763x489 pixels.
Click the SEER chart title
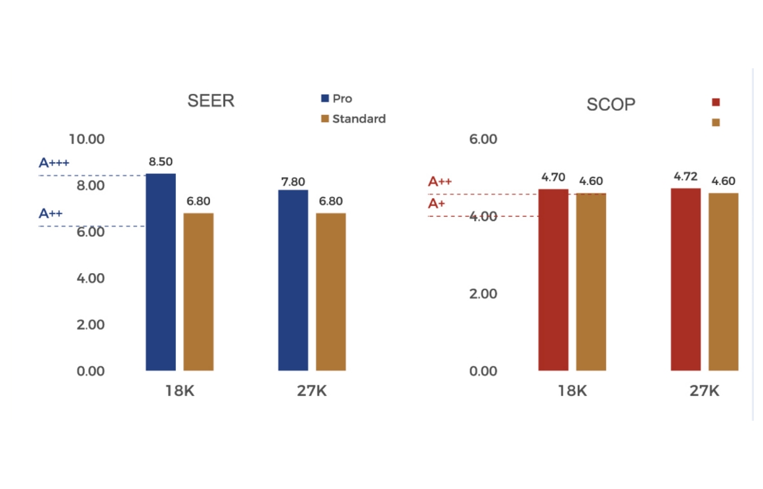coord(211,101)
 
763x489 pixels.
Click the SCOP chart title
coord(611,105)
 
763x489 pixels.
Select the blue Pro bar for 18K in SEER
coord(161,272)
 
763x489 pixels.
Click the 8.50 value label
coord(161,162)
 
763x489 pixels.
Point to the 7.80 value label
coord(292,182)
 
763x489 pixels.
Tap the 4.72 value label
coord(686,177)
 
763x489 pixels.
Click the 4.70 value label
coord(553,177)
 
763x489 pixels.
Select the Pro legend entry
coord(336,98)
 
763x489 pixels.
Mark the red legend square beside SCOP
coord(716,102)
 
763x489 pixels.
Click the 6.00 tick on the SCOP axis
coord(483,139)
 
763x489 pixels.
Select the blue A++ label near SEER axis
coord(51,213)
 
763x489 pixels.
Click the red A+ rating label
coord(437,203)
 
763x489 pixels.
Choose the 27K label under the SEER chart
coord(311,391)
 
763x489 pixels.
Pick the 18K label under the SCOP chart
coord(572,391)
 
